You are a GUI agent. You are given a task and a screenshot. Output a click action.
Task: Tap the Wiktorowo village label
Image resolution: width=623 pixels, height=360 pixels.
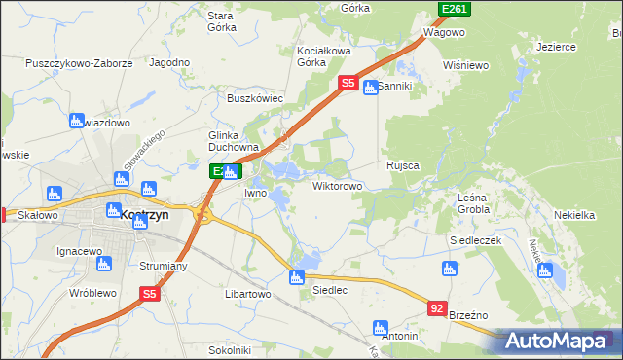pos(338,185)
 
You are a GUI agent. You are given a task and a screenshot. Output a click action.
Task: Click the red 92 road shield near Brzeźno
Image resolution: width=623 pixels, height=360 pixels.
pos(437,307)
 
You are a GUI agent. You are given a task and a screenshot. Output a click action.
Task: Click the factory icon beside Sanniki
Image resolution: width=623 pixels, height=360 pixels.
pos(370,89)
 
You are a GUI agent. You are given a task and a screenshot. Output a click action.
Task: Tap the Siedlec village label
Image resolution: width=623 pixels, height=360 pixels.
pos(328,290)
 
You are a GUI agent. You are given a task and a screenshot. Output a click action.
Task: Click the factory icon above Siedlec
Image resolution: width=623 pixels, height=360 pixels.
pos(297,278)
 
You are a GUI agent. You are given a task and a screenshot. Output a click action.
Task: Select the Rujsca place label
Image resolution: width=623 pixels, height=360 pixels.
pos(402,165)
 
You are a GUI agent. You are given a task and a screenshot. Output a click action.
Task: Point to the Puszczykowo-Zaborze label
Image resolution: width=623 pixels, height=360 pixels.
pos(80,62)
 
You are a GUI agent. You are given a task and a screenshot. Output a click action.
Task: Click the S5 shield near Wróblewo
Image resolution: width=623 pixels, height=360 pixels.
pos(149,293)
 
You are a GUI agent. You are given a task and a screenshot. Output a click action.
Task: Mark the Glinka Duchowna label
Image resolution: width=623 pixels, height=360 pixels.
pos(231,142)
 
